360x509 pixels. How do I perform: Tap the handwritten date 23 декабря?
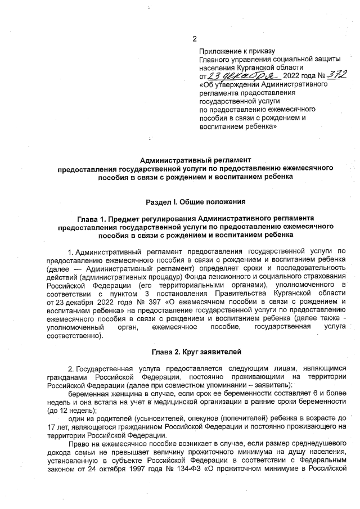tap(236, 75)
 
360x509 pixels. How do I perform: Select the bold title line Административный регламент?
tap(195, 160)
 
